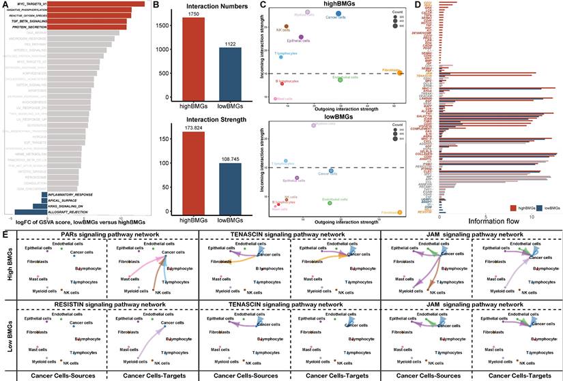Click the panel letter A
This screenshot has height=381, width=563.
point(6,5)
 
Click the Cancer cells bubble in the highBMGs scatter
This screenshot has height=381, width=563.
point(338,14)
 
